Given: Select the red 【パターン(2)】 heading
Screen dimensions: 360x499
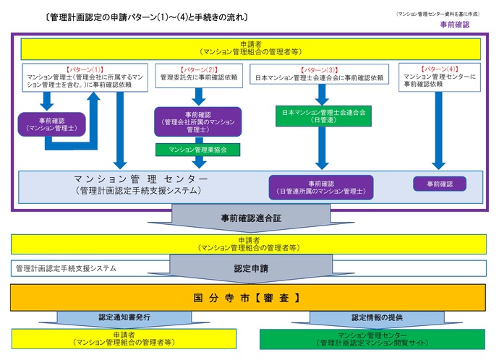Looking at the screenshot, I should click(197, 69).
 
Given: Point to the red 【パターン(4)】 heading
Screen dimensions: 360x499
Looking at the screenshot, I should click(438, 69).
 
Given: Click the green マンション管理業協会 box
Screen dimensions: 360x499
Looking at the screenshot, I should click(197, 150).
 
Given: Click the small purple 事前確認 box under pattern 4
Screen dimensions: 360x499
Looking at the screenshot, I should click(439, 184).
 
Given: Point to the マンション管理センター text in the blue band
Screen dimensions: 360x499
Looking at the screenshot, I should click(141, 179).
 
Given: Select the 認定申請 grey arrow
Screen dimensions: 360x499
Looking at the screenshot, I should click(250, 267).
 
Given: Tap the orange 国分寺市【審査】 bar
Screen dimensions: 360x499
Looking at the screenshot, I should click(249, 296).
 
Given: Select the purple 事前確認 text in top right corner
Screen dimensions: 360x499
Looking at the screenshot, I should click(454, 25).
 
